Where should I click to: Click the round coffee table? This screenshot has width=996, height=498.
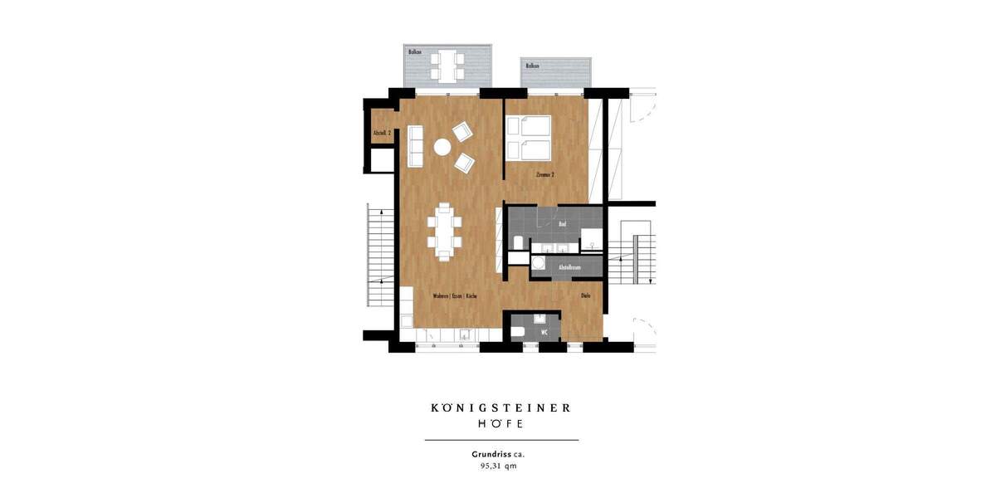coord(442,147)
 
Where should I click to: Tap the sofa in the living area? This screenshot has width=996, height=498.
coord(415,146)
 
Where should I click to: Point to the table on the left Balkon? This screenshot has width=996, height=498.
coord(447,63)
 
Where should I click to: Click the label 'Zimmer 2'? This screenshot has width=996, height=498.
coord(545,175)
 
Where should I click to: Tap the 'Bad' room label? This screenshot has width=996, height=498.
coord(562,224)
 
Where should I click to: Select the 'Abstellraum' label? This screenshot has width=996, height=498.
coord(569,267)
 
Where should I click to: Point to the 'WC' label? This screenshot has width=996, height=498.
coord(544,332)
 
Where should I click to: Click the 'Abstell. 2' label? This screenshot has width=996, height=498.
coord(382,133)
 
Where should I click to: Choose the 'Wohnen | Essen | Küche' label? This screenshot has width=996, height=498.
coord(453,296)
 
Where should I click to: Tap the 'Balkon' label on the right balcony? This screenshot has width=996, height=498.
coord(532,66)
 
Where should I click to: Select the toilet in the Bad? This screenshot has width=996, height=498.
coord(519,242)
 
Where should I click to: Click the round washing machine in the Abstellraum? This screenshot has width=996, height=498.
coord(539,265)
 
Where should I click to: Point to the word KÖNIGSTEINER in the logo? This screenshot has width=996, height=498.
coord(500,408)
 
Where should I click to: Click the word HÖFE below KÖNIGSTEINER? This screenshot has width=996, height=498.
coord(500,423)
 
